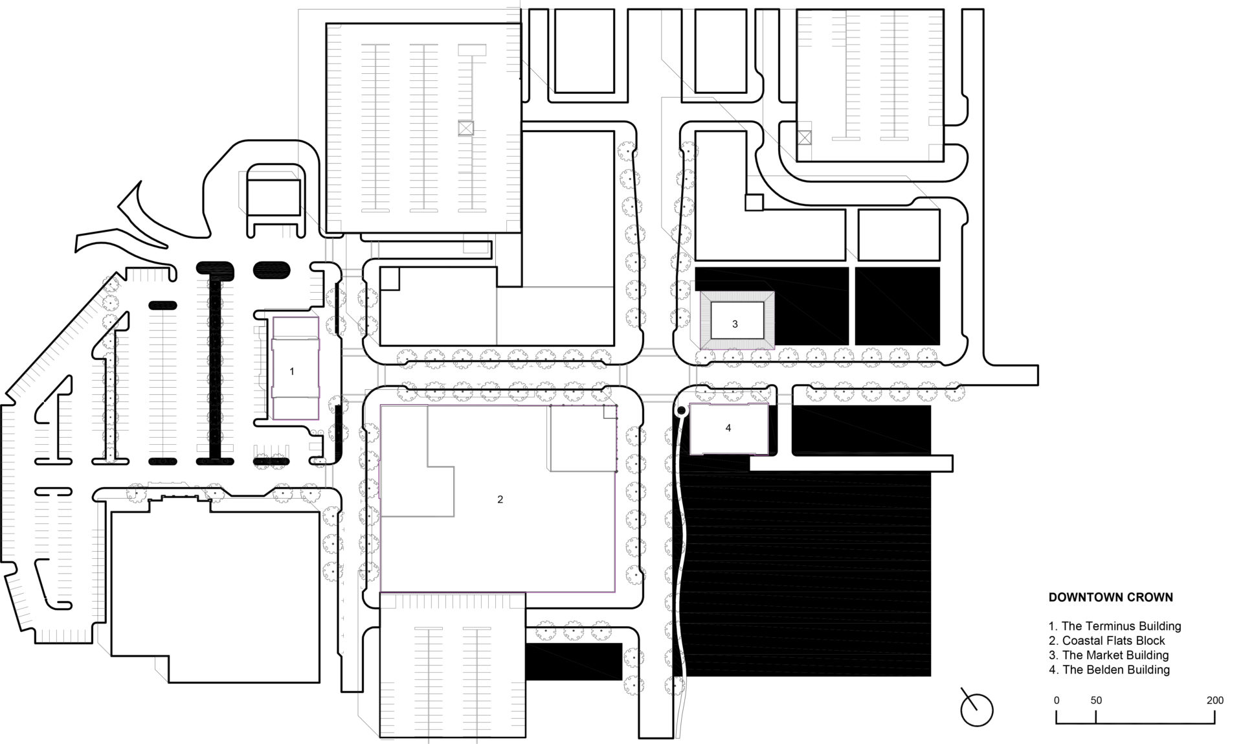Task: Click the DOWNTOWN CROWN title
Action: (x=1110, y=597)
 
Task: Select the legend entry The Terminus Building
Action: (x=1115, y=626)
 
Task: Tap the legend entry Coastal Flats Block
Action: (x=1107, y=640)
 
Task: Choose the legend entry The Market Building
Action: (x=1109, y=655)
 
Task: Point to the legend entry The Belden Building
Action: (x=1110, y=670)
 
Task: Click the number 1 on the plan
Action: (x=292, y=372)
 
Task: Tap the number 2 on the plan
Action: (x=500, y=499)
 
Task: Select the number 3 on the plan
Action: (x=735, y=324)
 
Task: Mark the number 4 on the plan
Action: (x=728, y=428)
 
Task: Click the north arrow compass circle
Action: (x=977, y=710)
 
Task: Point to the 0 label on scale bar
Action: (x=1057, y=700)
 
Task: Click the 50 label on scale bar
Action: (x=1096, y=700)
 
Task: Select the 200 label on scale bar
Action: (x=1215, y=700)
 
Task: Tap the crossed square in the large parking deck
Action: (x=466, y=128)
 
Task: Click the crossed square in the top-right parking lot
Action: (x=804, y=137)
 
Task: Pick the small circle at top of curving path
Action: (x=680, y=411)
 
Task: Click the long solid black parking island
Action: (x=214, y=362)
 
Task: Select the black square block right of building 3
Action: (x=897, y=306)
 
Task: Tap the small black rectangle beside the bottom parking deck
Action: (x=574, y=661)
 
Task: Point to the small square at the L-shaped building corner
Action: (x=754, y=202)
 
